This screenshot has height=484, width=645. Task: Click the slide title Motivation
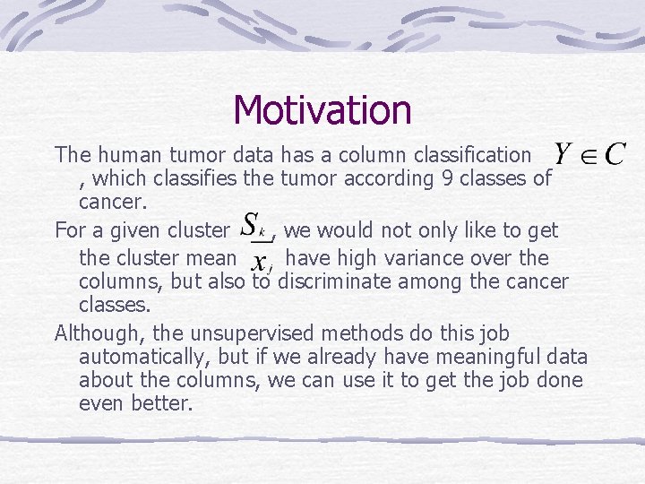322,110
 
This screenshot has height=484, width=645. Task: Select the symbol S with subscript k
254,225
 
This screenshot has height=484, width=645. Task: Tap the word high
330,258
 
